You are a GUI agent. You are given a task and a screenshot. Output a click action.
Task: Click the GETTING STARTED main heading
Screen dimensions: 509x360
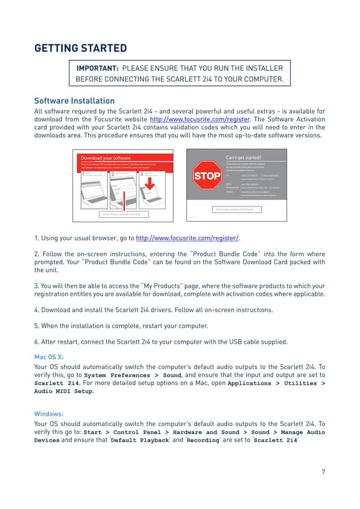click(80, 48)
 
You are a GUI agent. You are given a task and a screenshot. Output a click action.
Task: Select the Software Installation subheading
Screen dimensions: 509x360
click(74, 101)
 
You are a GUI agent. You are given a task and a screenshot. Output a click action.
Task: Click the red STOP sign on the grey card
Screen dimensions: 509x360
click(207, 176)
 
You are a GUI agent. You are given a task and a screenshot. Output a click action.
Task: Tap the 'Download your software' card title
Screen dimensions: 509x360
click(106, 158)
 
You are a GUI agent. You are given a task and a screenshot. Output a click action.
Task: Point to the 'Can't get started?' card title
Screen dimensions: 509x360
click(243, 158)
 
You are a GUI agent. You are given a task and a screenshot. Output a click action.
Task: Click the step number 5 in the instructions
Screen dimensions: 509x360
click(36, 326)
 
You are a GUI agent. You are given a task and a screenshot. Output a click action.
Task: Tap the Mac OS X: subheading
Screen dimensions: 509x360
click(49, 357)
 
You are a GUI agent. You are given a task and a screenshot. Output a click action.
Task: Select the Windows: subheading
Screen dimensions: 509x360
click(48, 414)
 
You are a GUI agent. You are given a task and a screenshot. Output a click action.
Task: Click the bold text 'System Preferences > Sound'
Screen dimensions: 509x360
click(132, 375)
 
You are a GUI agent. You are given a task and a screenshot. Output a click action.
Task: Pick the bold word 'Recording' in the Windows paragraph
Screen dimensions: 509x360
click(203, 440)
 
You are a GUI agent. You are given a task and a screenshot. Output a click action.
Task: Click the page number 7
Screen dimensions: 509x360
click(323, 472)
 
